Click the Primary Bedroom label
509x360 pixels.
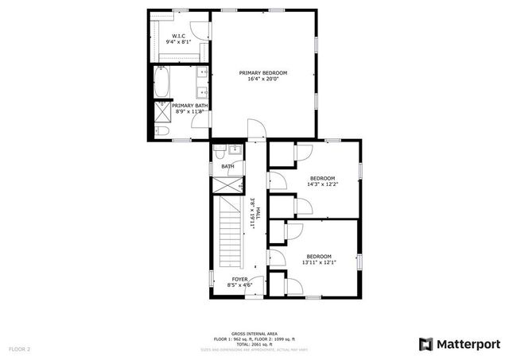pyautogui.click(x=263, y=73)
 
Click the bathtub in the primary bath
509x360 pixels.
pyautogui.click(x=164, y=83)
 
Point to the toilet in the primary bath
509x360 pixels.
pyautogui.click(x=161, y=130)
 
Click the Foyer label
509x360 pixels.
pyautogui.click(x=239, y=280)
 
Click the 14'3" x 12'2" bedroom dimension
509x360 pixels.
pyautogui.click(x=322, y=184)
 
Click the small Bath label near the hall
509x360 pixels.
pyautogui.click(x=227, y=166)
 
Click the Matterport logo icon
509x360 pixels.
pyautogui.click(x=426, y=343)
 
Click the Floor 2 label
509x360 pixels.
pyautogui.click(x=19, y=348)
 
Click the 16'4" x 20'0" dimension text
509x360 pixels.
pyautogui.click(x=263, y=79)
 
